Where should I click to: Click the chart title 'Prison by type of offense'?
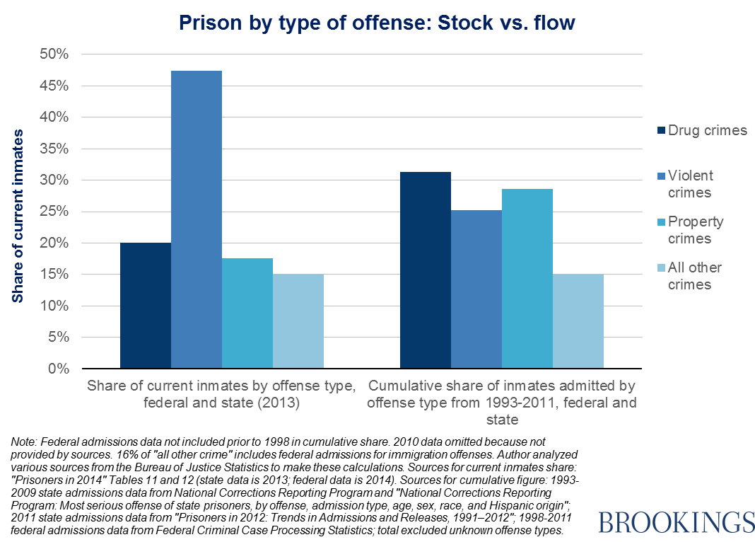tap(377, 23)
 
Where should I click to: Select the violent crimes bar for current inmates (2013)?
tap(196, 219)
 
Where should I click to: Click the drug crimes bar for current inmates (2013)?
tap(145, 306)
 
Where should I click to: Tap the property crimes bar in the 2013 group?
tap(247, 313)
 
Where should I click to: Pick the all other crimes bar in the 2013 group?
tap(298, 321)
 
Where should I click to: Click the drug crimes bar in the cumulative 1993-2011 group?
tap(425, 270)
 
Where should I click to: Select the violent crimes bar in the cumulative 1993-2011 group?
tap(476, 289)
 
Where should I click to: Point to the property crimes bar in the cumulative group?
tap(527, 279)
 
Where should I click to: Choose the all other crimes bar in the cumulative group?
tap(578, 321)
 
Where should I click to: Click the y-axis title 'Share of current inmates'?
tap(18, 216)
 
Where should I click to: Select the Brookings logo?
tap(676, 522)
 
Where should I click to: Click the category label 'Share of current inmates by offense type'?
tap(221, 386)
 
